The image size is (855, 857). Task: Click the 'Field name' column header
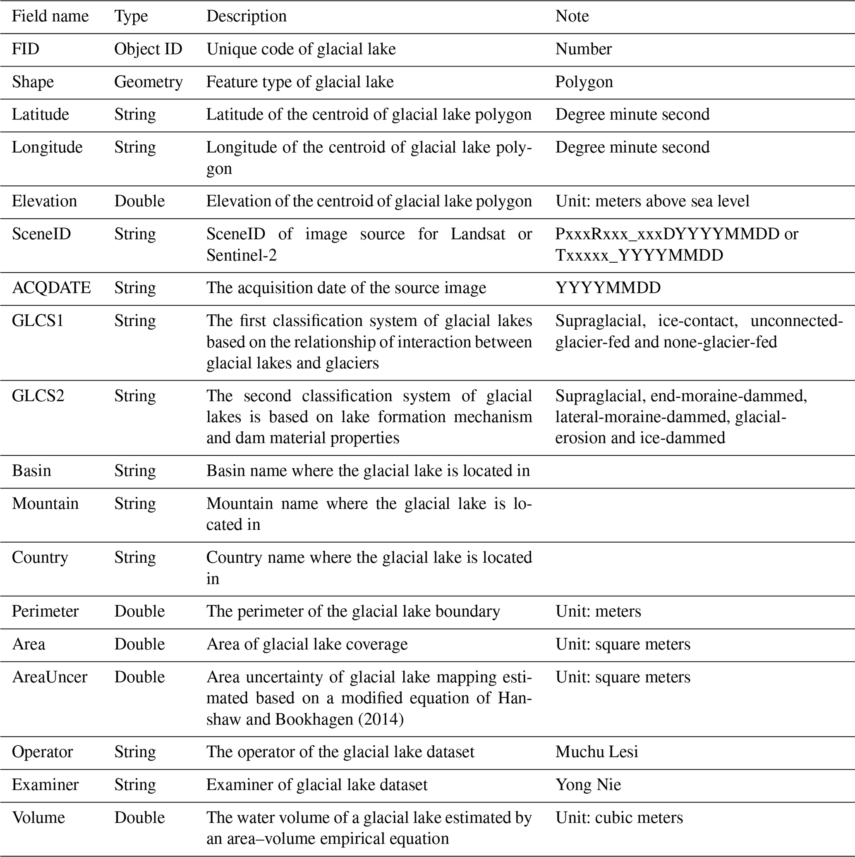pos(50,17)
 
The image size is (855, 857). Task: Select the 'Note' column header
pos(572,17)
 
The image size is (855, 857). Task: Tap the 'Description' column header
pos(246,17)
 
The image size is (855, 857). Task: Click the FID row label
pos(26,49)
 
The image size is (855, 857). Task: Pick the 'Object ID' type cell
pos(148,49)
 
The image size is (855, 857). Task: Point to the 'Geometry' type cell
pos(148,82)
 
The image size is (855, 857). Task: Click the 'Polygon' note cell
pos(584,82)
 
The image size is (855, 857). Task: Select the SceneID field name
pos(41,234)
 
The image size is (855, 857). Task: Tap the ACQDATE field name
pos(51,288)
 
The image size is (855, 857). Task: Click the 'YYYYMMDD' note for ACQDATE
pos(608,288)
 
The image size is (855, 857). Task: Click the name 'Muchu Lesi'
pos(597,752)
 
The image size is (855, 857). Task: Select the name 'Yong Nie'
pos(588,785)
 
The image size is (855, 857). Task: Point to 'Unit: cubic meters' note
pos(619,818)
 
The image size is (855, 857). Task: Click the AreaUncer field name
pos(50,677)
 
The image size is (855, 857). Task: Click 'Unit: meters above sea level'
pos(652,201)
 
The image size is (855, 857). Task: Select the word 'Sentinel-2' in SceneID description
pos(242,256)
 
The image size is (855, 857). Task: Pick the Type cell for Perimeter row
pos(139,611)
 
